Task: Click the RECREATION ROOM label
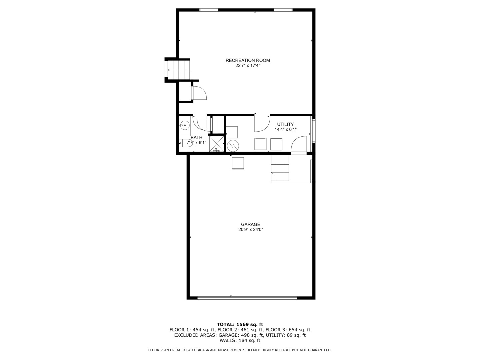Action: (x=248, y=60)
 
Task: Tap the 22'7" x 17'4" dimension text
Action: (x=248, y=66)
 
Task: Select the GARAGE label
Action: (x=251, y=224)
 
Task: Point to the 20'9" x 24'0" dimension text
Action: (x=251, y=230)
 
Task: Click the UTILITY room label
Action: (x=285, y=124)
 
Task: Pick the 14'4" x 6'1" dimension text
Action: (x=285, y=129)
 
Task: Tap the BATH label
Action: (x=196, y=137)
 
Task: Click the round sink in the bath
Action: (x=184, y=125)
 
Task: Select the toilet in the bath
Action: (x=185, y=143)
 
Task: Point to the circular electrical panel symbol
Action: (x=233, y=145)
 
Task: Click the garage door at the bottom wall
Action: (x=247, y=298)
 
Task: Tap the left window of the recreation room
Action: (x=209, y=10)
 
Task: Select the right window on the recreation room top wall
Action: (x=283, y=10)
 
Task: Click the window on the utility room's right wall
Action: (x=314, y=131)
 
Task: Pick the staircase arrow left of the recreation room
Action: (x=169, y=70)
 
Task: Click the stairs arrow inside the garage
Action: (x=272, y=173)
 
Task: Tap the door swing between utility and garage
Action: (x=299, y=145)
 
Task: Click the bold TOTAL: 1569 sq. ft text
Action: (x=240, y=324)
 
